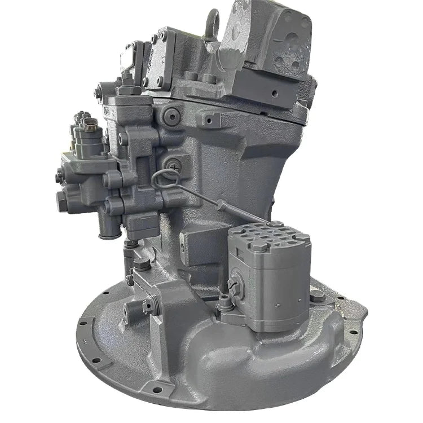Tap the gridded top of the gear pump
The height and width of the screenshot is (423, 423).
270,233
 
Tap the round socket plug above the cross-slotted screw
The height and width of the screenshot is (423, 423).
169,117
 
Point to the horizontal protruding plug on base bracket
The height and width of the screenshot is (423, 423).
133,307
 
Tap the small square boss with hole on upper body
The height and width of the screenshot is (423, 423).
211,119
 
